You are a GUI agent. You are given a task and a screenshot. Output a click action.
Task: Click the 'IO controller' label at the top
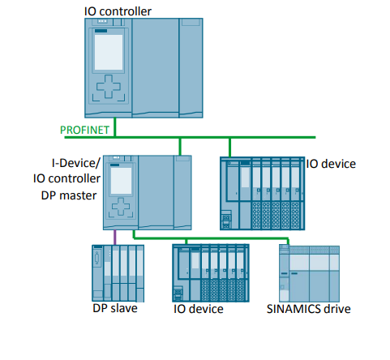(118, 10)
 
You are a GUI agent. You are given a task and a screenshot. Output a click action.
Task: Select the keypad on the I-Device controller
(119, 208)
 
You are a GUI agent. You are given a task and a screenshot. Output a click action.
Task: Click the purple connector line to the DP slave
(115, 238)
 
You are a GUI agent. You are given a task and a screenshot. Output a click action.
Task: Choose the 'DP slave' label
(114, 309)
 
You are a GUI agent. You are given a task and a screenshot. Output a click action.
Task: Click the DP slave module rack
(118, 272)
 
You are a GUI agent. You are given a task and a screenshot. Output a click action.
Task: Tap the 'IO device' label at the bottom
(199, 309)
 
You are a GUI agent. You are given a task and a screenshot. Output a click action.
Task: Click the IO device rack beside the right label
(262, 193)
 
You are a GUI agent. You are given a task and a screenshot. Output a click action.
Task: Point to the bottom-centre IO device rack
(209, 272)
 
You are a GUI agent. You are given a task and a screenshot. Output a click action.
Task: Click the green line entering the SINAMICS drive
(283, 241)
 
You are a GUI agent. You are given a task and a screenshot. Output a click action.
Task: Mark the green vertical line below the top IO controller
(116, 127)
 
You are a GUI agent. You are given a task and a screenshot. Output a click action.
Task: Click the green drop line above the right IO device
(230, 147)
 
